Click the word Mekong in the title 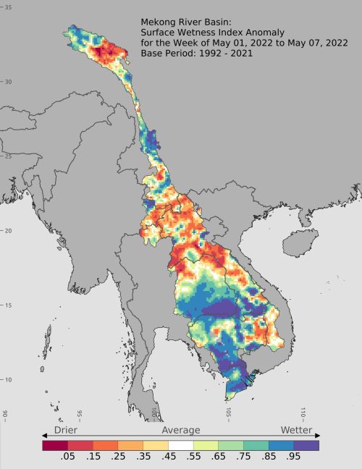pos(159,21)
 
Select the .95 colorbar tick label pos(293,457)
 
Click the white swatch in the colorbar pos(181,446)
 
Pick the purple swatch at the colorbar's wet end pos(306,446)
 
